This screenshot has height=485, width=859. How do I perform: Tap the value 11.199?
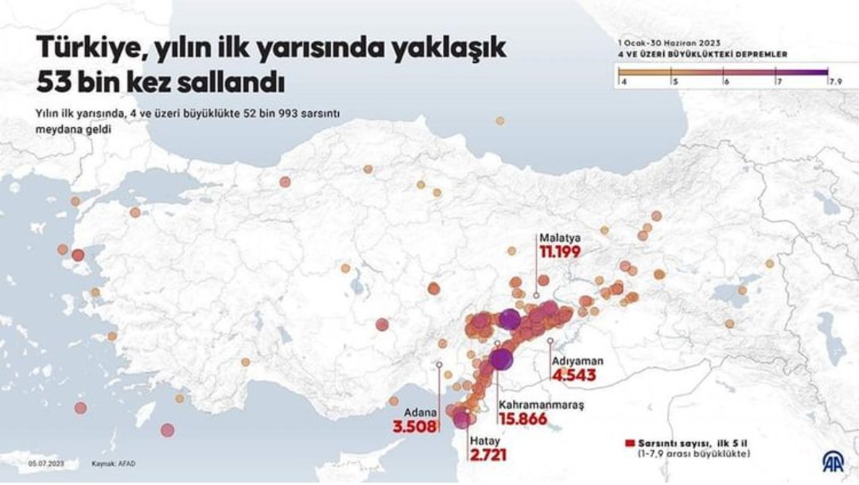coord(560,252)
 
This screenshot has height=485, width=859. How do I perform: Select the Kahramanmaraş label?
coord(541,405)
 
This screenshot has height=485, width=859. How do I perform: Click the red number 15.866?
coord(523,419)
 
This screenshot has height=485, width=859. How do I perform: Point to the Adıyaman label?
coord(577,360)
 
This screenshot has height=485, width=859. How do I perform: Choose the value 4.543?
coord(573,374)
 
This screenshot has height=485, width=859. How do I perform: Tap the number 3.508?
coord(415,427)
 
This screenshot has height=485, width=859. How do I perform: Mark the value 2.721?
coord(488,456)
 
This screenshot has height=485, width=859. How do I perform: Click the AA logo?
coord(833,461)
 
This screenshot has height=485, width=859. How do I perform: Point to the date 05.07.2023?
coord(45,464)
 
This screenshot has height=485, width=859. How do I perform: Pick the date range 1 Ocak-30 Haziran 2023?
coord(670,43)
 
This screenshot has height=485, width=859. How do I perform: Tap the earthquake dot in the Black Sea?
coord(499,121)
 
